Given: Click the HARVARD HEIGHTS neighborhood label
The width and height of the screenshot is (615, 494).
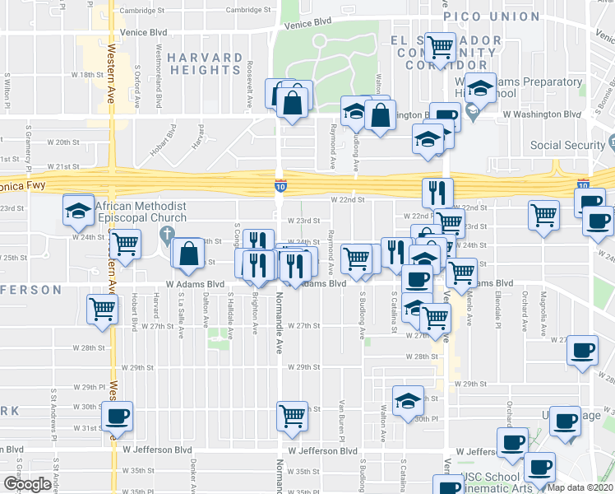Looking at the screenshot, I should pos(205,63).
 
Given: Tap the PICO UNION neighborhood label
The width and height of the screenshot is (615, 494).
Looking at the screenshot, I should pos(492,16).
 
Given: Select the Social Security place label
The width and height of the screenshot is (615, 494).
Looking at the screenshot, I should pos(568,146).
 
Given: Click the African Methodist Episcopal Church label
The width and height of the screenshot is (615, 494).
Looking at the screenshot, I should pos(140,212).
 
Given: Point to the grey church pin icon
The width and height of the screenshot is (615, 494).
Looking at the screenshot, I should pos(167,235).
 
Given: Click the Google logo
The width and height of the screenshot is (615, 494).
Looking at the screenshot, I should pos(27,484).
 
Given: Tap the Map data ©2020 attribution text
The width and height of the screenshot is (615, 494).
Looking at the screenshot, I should pos(580,487).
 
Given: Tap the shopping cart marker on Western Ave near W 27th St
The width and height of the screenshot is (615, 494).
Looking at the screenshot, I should pos(103,310).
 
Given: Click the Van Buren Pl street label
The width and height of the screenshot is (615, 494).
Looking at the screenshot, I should pos(341,417).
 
